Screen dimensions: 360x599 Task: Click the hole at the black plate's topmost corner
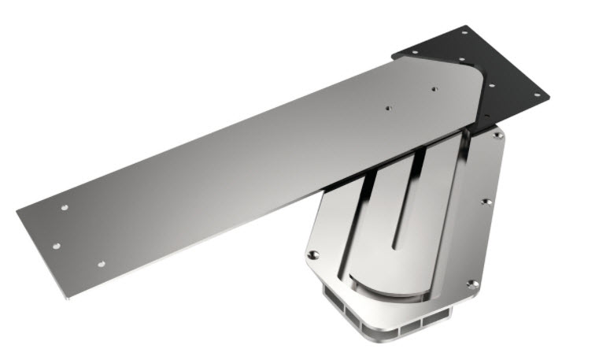464,33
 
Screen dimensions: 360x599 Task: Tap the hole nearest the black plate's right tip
538,95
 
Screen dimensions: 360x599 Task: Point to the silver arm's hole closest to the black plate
434,89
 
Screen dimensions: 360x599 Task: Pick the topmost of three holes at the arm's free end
65,208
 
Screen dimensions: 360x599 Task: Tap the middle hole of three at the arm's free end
56,246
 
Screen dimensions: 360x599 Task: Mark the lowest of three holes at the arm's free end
101,263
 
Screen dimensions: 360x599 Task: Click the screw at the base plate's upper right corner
497,135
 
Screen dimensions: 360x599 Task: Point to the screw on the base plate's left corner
313,254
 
